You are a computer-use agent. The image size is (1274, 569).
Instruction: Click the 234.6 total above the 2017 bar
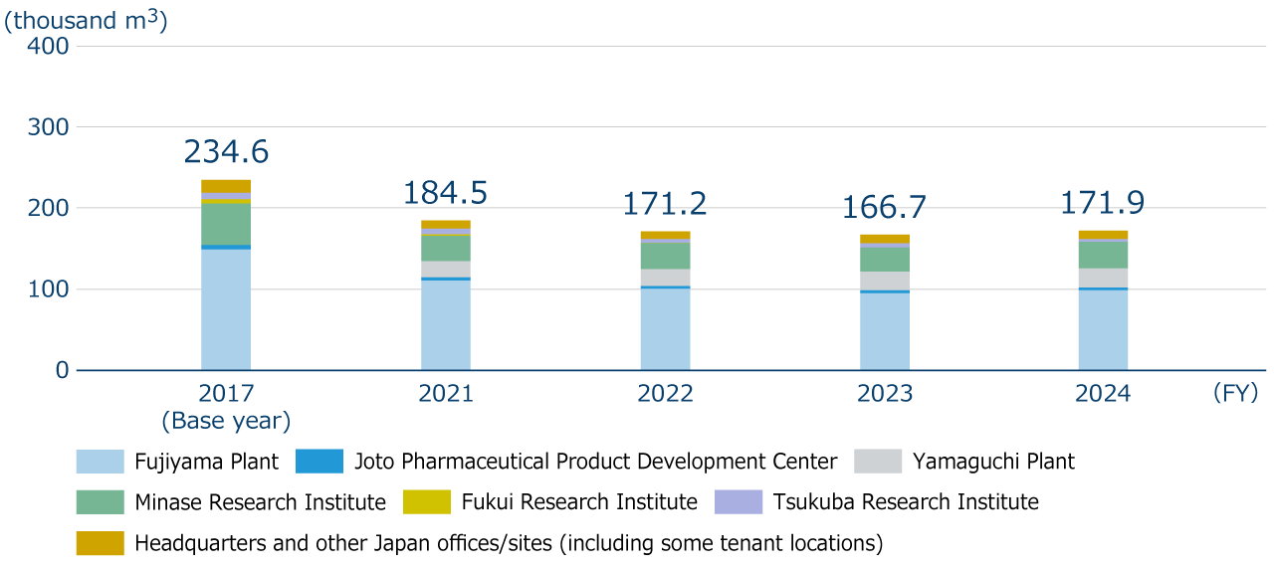[226, 152]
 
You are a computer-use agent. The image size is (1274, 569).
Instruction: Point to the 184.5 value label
[445, 193]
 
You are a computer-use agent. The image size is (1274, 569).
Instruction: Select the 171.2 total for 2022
[665, 204]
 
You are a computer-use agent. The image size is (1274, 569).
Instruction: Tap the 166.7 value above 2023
[884, 208]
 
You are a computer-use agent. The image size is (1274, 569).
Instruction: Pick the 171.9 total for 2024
[1103, 203]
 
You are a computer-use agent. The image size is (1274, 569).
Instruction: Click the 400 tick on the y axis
[48, 46]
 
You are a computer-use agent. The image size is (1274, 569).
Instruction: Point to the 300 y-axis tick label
[48, 127]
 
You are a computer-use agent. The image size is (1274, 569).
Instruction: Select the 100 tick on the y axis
[48, 289]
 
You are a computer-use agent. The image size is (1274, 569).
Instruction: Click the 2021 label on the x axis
[445, 394]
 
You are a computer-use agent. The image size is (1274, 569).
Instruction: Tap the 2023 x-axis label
[884, 394]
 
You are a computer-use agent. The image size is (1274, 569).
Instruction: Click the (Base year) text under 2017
[226, 421]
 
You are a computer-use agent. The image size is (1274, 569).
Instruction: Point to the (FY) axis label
[1235, 393]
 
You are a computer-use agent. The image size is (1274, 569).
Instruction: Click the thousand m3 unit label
[86, 20]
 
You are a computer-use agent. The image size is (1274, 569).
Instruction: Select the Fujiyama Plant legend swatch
[100, 462]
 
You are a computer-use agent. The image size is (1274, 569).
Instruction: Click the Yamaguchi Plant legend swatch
[877, 462]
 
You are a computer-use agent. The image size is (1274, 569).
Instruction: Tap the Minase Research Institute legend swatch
[100, 502]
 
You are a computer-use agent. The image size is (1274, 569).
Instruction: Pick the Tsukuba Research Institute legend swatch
[739, 502]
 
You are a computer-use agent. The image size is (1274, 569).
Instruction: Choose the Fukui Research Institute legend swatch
[427, 502]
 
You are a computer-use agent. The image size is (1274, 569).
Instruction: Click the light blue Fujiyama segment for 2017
[226, 309]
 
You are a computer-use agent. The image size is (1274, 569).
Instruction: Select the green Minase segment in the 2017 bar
[226, 224]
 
